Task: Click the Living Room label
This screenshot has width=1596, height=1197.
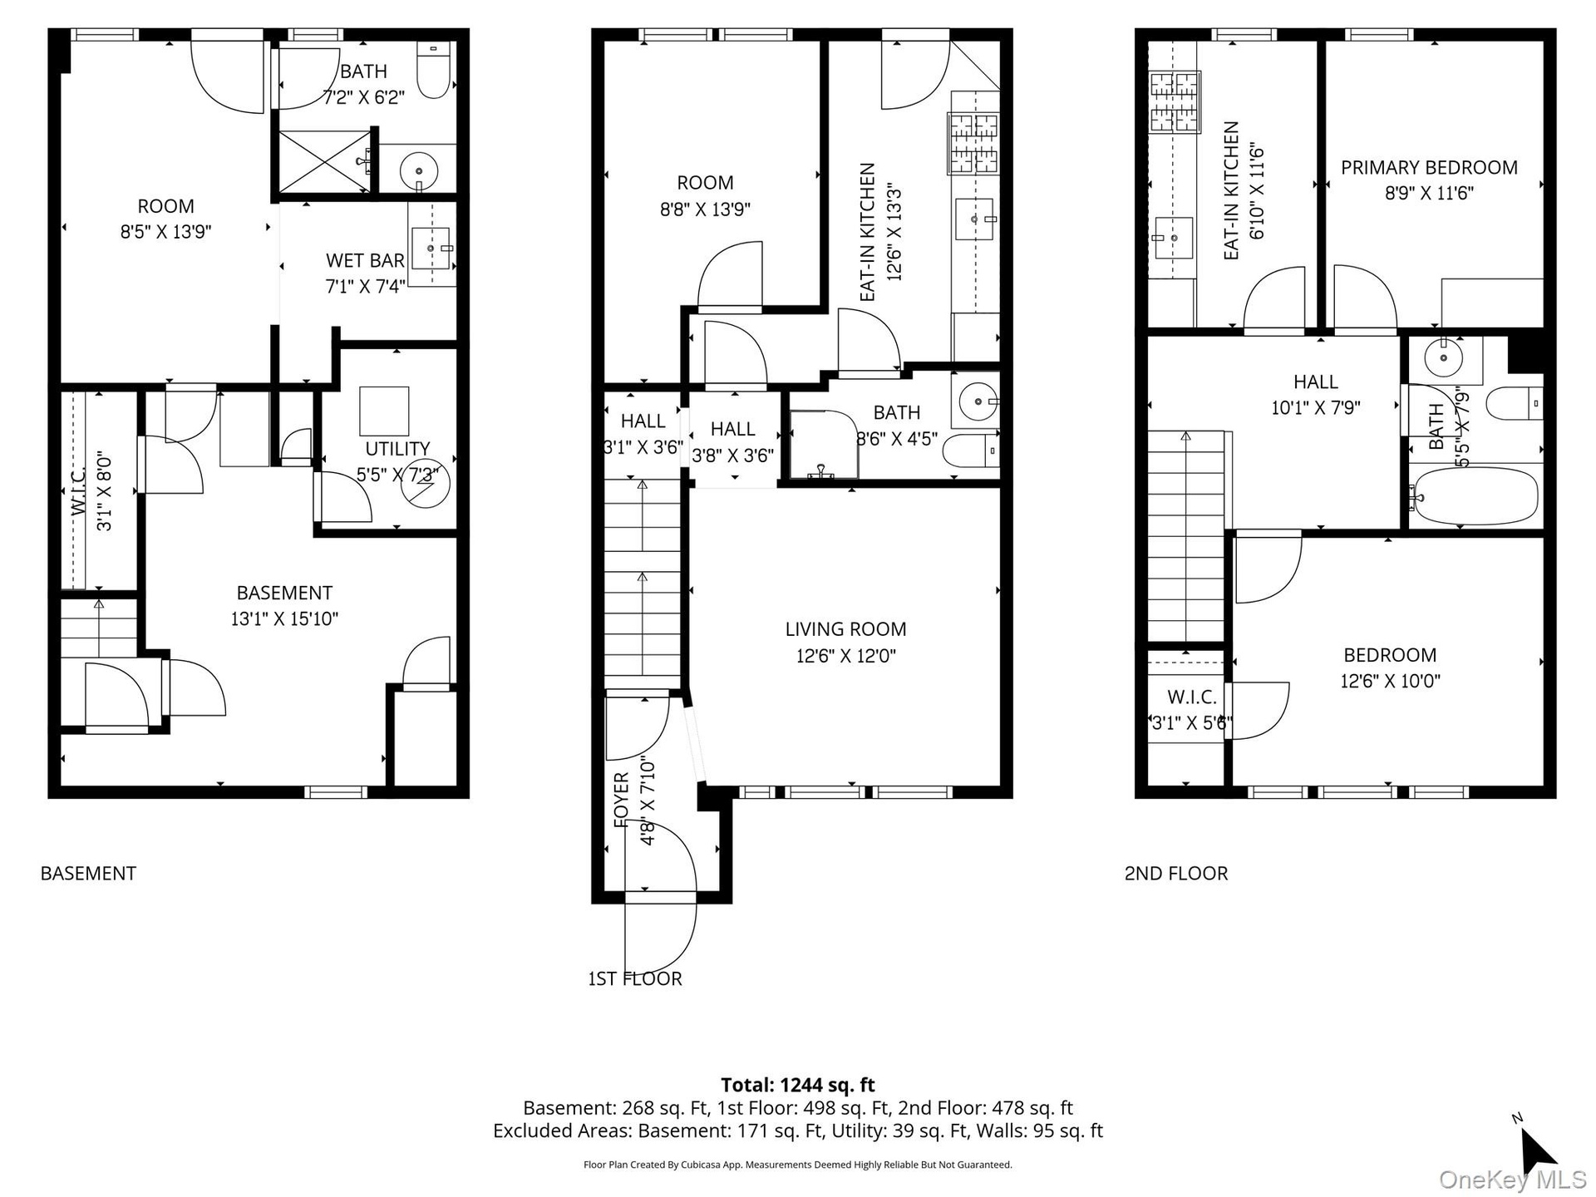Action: pyautogui.click(x=845, y=629)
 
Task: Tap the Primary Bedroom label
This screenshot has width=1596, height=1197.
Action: pyautogui.click(x=1429, y=167)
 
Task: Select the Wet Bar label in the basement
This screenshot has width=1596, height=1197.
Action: pyautogui.click(x=365, y=260)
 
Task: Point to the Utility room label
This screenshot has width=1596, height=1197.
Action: pyautogui.click(x=397, y=449)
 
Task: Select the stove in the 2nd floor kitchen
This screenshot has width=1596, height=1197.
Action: pyautogui.click(x=1175, y=102)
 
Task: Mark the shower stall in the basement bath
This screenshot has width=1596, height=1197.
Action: pyautogui.click(x=323, y=162)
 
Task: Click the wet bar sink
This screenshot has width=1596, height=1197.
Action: pyautogui.click(x=432, y=249)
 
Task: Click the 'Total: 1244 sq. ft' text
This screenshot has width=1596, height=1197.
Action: pyautogui.click(x=797, y=1084)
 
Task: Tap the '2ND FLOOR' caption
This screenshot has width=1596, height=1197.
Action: pyautogui.click(x=1175, y=873)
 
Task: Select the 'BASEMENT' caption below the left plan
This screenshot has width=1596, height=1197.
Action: pyautogui.click(x=88, y=873)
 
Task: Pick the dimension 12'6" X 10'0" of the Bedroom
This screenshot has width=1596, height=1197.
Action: pyautogui.click(x=1390, y=681)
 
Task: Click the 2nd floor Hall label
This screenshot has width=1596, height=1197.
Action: pyautogui.click(x=1315, y=382)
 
